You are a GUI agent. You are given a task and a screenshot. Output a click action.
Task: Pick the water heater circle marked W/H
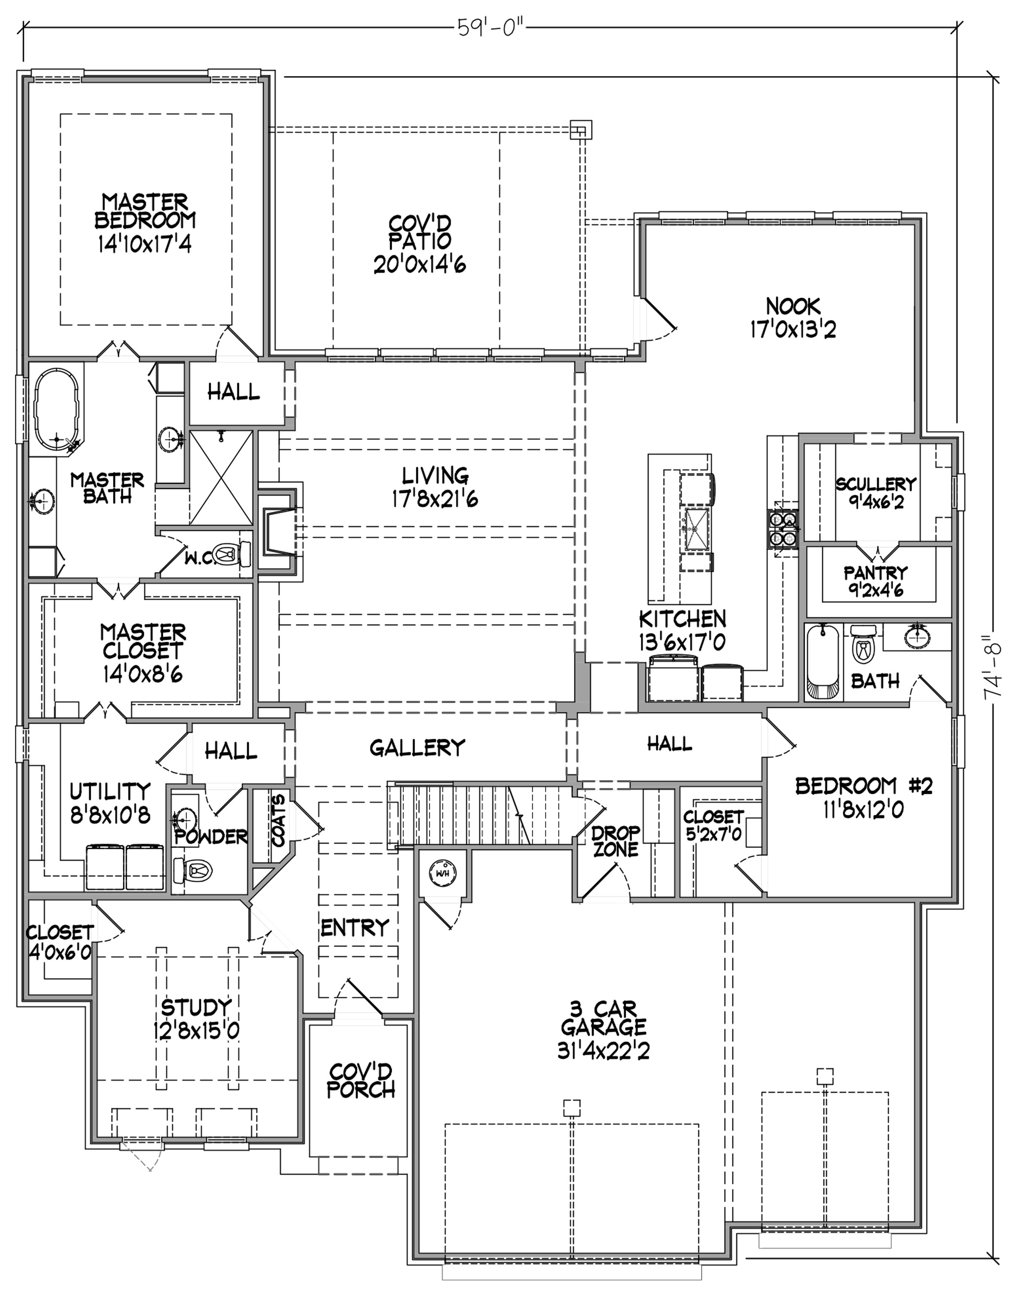coord(443,873)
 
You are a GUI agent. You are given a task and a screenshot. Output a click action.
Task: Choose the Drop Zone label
coord(616,841)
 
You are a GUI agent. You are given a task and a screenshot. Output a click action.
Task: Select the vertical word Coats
coord(279,820)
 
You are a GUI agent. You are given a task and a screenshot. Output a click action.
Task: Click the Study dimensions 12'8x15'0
coord(196,1030)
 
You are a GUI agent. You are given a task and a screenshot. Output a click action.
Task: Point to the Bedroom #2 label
coord(864,785)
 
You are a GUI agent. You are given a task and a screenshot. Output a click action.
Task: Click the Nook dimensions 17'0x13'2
coord(793,329)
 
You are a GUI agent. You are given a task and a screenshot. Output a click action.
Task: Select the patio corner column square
coord(580,130)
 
